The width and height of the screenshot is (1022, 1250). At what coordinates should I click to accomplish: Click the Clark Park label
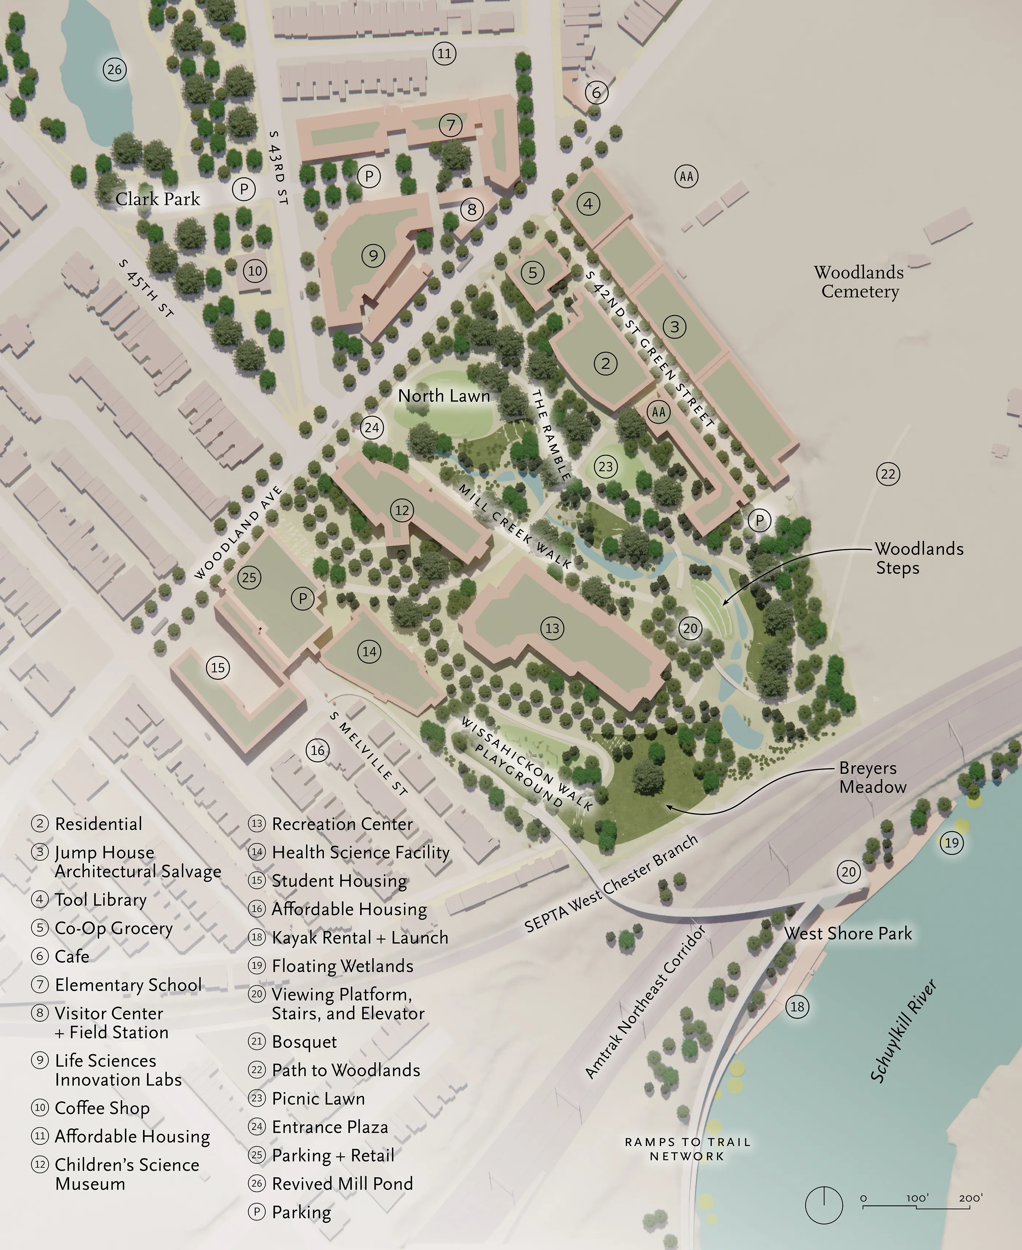[x=157, y=199]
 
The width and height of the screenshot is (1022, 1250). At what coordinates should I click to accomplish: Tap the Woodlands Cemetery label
[x=859, y=282]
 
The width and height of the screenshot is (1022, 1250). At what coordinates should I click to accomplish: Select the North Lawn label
[x=444, y=396]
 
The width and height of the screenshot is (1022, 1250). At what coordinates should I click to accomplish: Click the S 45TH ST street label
[x=146, y=289]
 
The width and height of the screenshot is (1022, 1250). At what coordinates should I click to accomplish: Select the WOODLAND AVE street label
[x=238, y=533]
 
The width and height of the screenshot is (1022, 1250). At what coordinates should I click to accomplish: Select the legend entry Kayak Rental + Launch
[x=359, y=937]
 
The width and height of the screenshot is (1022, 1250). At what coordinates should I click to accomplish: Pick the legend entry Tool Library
[x=100, y=899]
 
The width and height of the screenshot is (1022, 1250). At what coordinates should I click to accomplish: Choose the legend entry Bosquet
[x=304, y=1041]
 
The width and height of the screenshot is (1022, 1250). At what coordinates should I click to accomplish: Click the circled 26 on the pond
[x=114, y=69]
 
